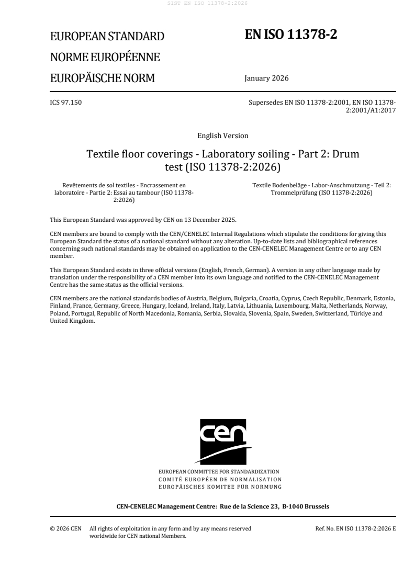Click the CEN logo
pos(222,441)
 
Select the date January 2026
pos(266,78)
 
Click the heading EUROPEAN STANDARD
pos(107,37)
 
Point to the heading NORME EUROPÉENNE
pos(105,57)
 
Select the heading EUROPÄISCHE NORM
pos(102,78)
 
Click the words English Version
pos(222,136)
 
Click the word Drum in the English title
pos(345,155)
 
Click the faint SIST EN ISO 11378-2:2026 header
pos(207,3)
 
